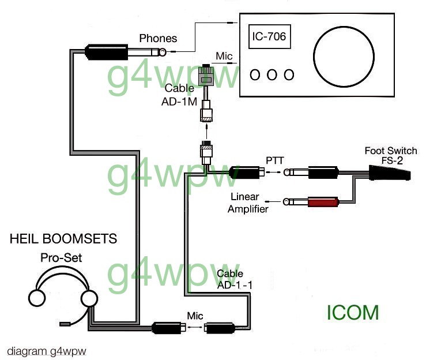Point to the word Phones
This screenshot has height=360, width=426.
coord(158,39)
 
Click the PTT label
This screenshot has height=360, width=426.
coord(274,159)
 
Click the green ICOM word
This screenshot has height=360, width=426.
coord(353,312)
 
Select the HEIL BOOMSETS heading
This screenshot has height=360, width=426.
coord(63,238)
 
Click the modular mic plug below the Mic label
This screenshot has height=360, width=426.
coord(206,76)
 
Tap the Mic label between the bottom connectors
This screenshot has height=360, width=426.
coord(194,316)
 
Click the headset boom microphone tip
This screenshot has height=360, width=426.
coord(65,324)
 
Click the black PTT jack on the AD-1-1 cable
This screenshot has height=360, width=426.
coord(244,171)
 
